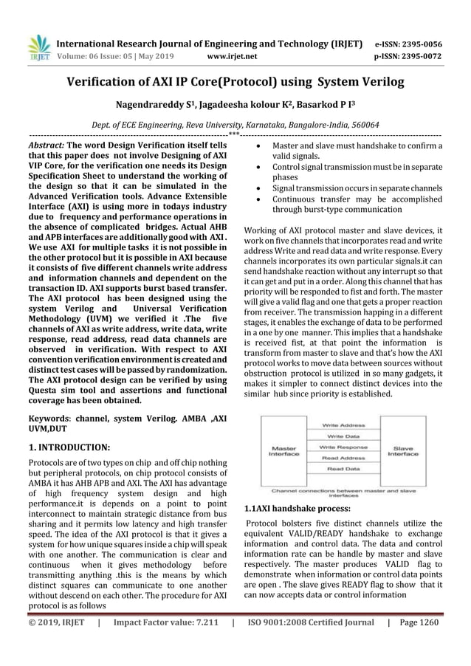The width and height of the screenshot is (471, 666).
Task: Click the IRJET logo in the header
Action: (38, 45)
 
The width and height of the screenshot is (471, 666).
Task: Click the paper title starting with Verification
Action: (235, 82)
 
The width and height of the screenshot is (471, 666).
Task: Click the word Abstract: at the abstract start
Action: (47, 146)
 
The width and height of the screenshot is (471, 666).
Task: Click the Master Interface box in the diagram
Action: (283, 450)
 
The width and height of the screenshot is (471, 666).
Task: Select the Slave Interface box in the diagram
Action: (402, 450)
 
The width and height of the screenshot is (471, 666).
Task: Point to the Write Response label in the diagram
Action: (343, 447)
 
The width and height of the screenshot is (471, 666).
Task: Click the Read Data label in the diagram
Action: (343, 468)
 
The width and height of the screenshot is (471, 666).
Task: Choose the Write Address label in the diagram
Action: (343, 426)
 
